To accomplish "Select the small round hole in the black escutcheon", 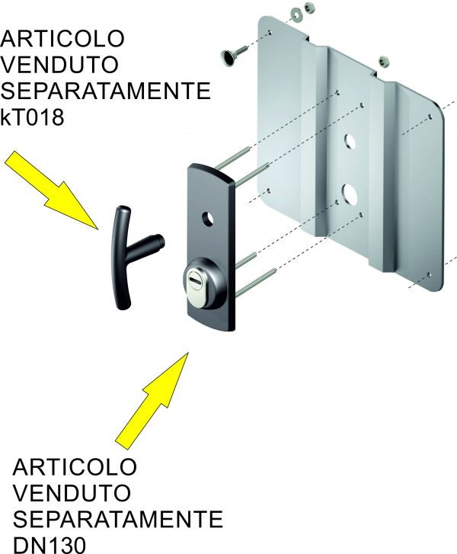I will (x=206, y=219).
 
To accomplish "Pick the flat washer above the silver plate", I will (x=293, y=14).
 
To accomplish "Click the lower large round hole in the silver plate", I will (x=350, y=191).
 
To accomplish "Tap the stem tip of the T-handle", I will (x=161, y=242).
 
